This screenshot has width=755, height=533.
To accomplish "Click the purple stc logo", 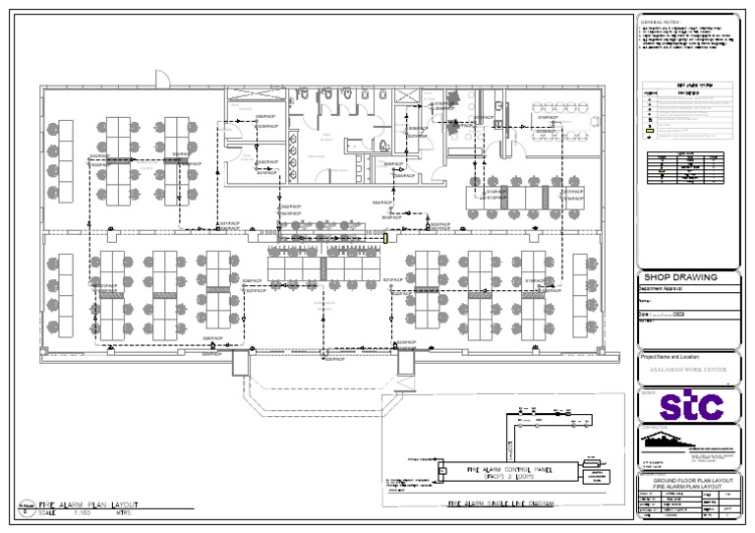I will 690,404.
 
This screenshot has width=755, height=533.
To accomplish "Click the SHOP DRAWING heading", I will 679,277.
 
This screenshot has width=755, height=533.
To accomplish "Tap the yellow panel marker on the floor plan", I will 386,237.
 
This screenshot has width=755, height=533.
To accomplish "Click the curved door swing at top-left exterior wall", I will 162,78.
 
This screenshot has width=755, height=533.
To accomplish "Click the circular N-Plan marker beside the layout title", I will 25,507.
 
